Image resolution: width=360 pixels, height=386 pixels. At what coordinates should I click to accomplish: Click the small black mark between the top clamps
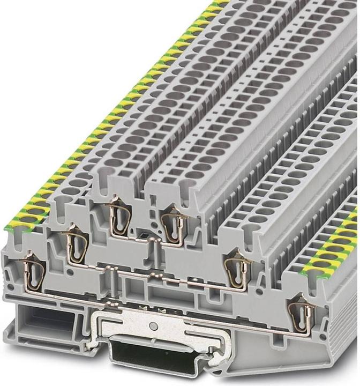tap(141, 235)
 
